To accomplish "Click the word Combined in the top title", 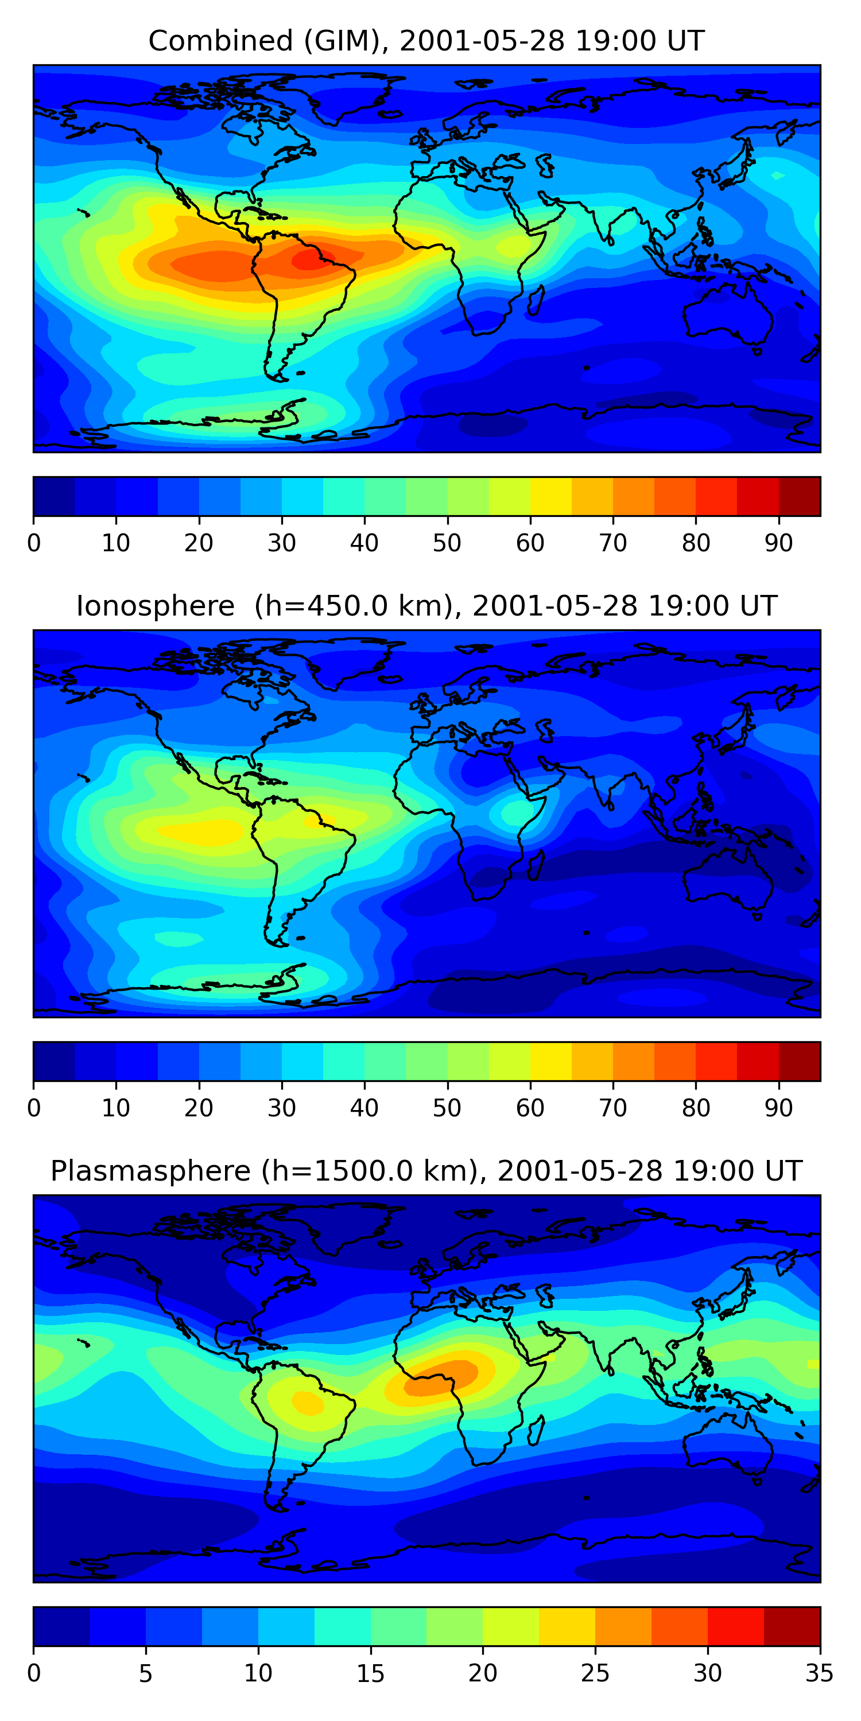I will [220, 41].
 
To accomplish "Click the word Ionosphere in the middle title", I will [155, 606].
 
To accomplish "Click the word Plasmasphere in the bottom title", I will [150, 1171].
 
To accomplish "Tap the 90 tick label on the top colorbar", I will [779, 543].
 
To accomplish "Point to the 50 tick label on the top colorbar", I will [447, 543].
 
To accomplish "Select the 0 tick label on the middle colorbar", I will [33, 1108].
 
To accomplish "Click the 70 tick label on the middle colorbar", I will [613, 1108].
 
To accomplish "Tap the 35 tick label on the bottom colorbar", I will [820, 1673].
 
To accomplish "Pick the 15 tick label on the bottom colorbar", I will [370, 1673].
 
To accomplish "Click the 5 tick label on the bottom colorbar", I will [146, 1673].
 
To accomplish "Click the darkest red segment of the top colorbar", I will [800, 496].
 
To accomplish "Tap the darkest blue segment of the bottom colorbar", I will [61, 1627].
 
